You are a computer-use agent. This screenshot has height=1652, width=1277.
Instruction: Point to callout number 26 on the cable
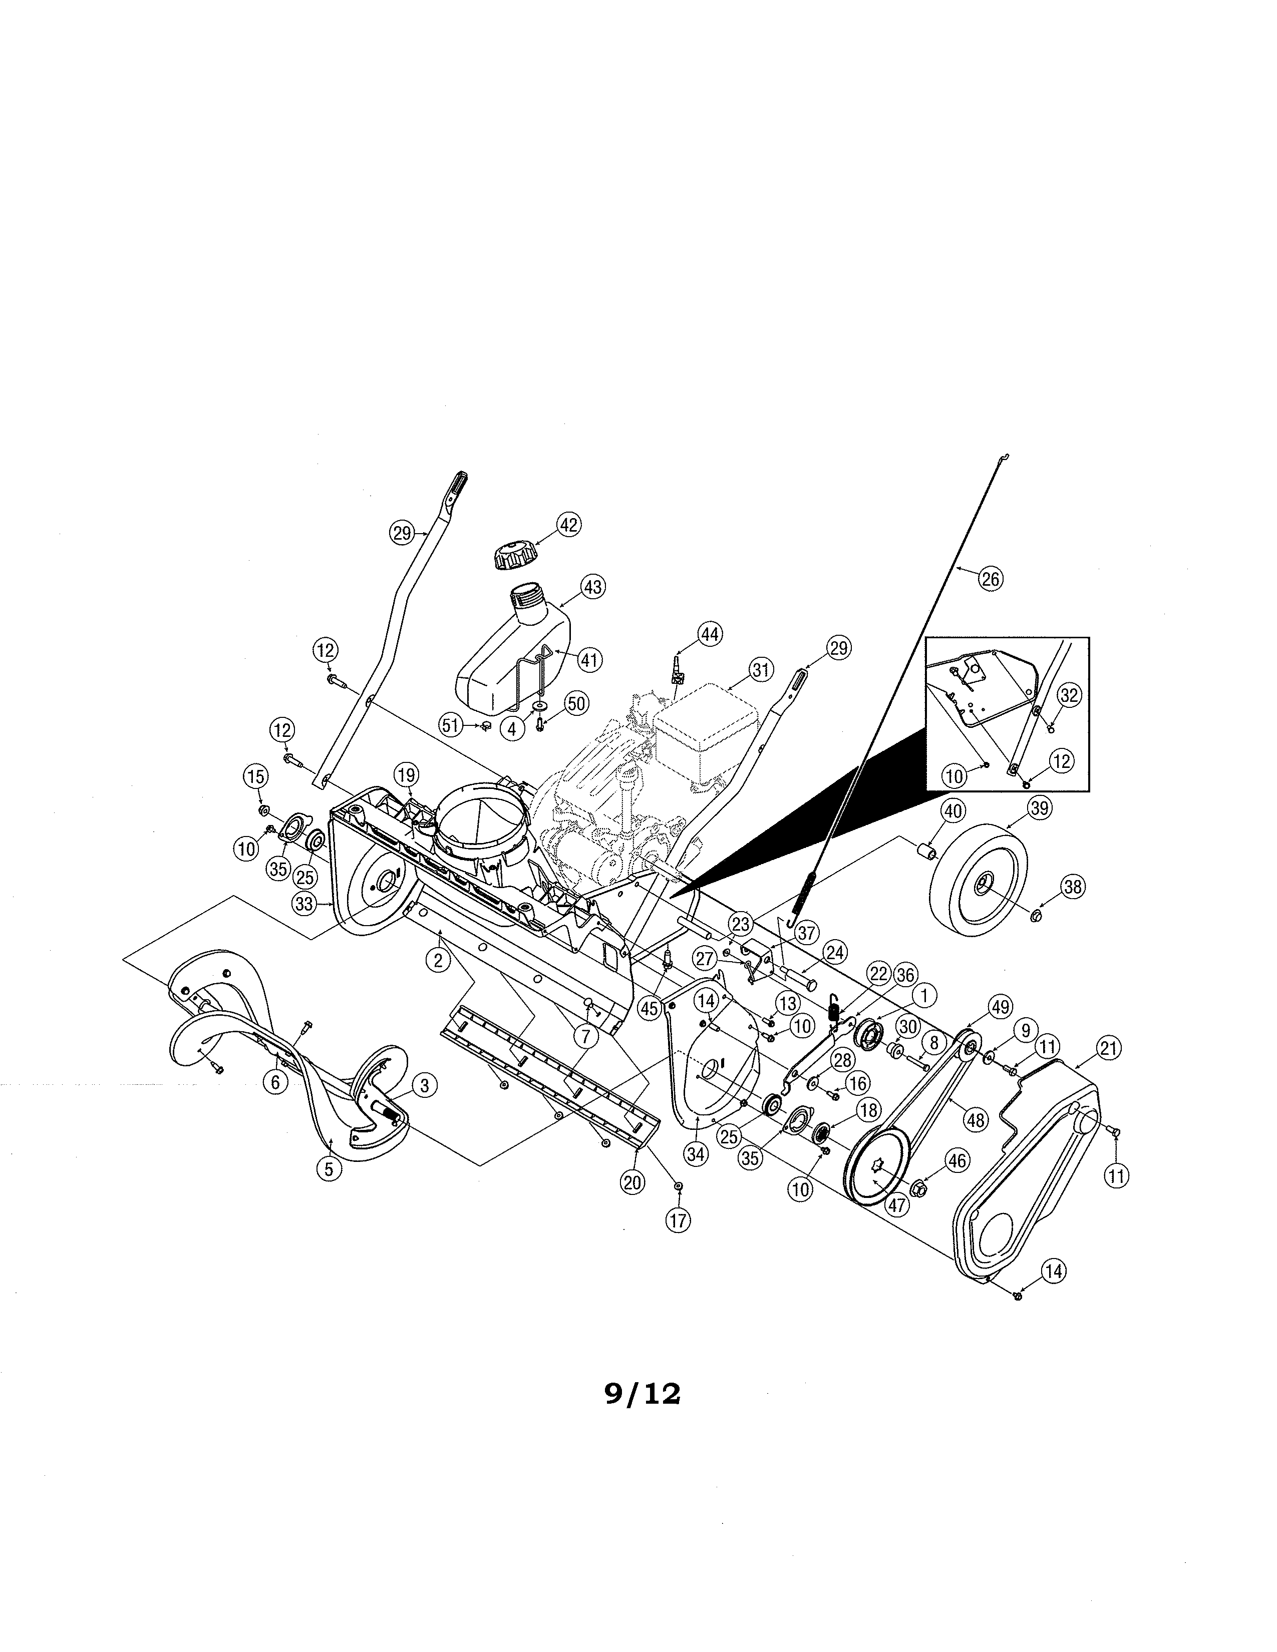tap(990, 579)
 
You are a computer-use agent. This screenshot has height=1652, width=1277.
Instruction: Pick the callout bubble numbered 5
tap(329, 1168)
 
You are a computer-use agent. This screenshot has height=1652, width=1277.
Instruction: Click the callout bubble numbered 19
tap(407, 774)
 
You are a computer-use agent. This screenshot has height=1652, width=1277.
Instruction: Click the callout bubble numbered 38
tap(1073, 887)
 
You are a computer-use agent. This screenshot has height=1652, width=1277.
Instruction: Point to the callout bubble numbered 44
tap(710, 634)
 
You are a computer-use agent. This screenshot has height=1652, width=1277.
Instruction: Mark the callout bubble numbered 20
tap(632, 1182)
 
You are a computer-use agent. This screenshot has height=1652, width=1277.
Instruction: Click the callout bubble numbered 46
tap(957, 1161)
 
